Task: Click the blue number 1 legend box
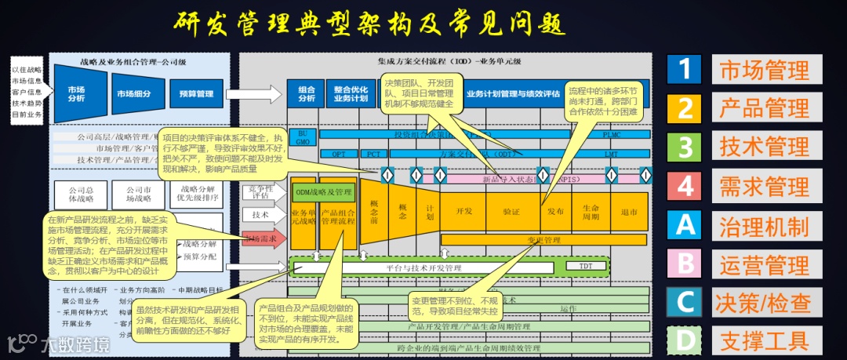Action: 685,69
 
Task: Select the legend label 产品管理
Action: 764,107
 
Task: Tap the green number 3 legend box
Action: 685,147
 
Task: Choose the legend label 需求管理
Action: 764,186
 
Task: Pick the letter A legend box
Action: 685,225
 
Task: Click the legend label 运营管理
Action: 764,264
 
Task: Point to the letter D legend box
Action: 685,341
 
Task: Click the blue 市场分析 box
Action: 76,94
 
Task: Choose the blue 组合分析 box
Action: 306,93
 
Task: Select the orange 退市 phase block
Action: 629,211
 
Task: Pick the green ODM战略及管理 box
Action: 323,191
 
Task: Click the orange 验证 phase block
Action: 511,211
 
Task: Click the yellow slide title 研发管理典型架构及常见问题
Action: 369,23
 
